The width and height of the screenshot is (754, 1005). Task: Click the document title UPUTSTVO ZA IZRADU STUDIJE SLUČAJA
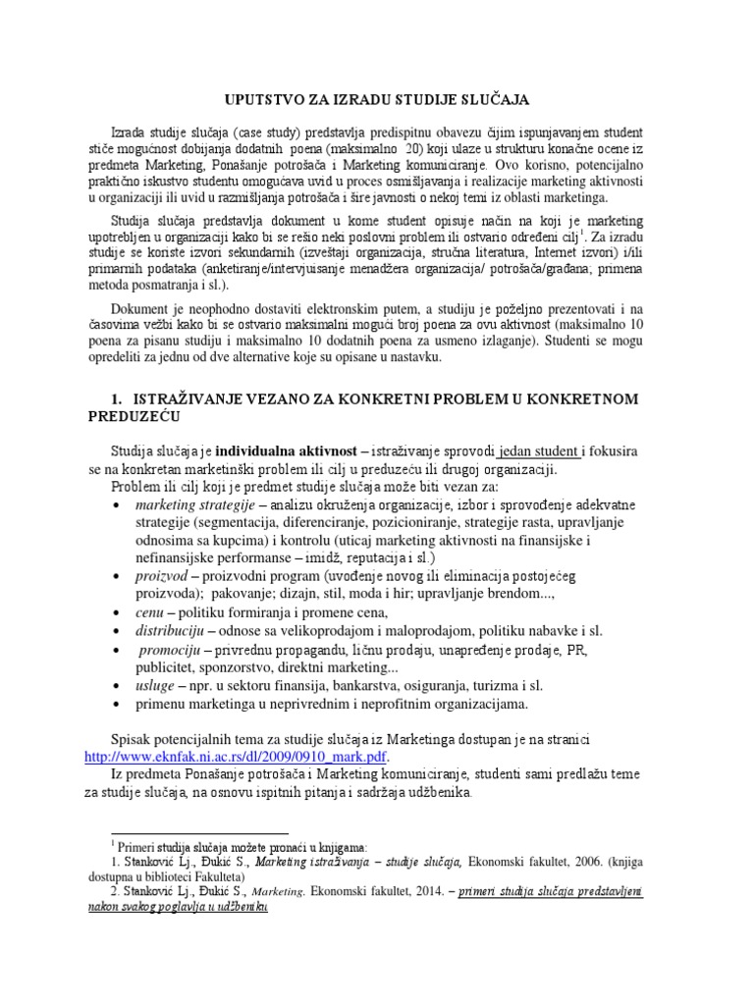377,101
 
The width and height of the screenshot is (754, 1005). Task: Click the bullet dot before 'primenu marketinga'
118,704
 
